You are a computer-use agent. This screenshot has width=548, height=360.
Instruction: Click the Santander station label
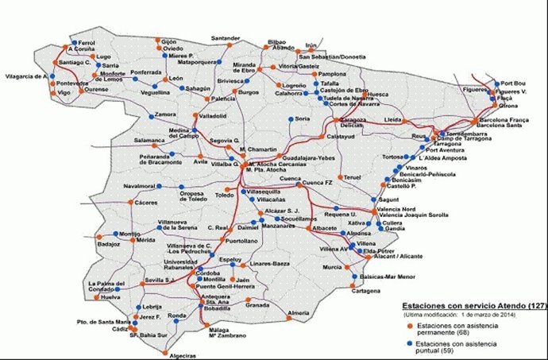point(226,38)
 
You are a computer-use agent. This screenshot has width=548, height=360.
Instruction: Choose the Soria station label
point(303,119)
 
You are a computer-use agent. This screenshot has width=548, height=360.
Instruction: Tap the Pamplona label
point(333,74)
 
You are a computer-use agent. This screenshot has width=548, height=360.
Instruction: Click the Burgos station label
point(249,93)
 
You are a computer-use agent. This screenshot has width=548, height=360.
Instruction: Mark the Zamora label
point(166,114)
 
